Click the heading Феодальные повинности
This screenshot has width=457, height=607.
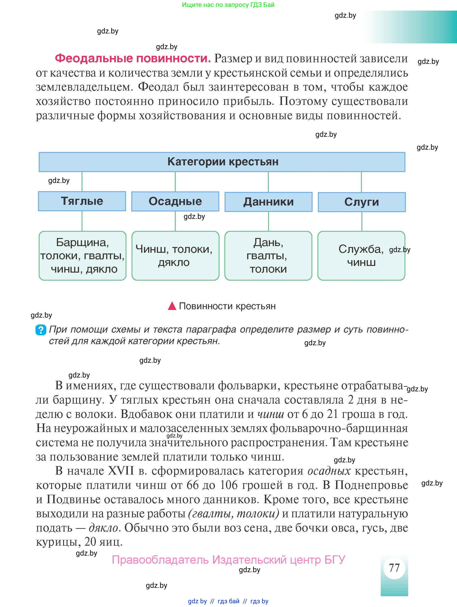click(x=133, y=58)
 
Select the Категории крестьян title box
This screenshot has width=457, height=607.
click(x=222, y=162)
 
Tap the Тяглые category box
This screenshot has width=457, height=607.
click(x=82, y=201)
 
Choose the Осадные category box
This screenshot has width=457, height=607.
click(x=175, y=201)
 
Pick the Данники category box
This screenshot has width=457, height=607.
click(x=268, y=202)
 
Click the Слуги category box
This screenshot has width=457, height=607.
click(x=362, y=202)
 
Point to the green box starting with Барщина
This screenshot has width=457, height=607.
click(x=82, y=256)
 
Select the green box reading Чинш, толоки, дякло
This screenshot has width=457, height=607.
click(x=175, y=256)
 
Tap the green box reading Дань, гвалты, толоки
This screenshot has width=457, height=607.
click(x=268, y=256)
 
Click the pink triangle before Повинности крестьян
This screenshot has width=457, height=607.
click(x=172, y=306)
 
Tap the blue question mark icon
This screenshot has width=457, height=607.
click(x=41, y=330)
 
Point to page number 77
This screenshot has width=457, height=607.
click(x=394, y=568)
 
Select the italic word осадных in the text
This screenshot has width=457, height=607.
click(x=329, y=471)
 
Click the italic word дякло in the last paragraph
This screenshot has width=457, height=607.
click(x=103, y=528)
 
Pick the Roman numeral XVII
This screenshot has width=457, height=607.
click(x=121, y=471)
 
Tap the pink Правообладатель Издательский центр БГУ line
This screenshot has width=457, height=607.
click(x=228, y=560)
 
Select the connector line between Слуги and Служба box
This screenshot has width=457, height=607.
click(x=362, y=221)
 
